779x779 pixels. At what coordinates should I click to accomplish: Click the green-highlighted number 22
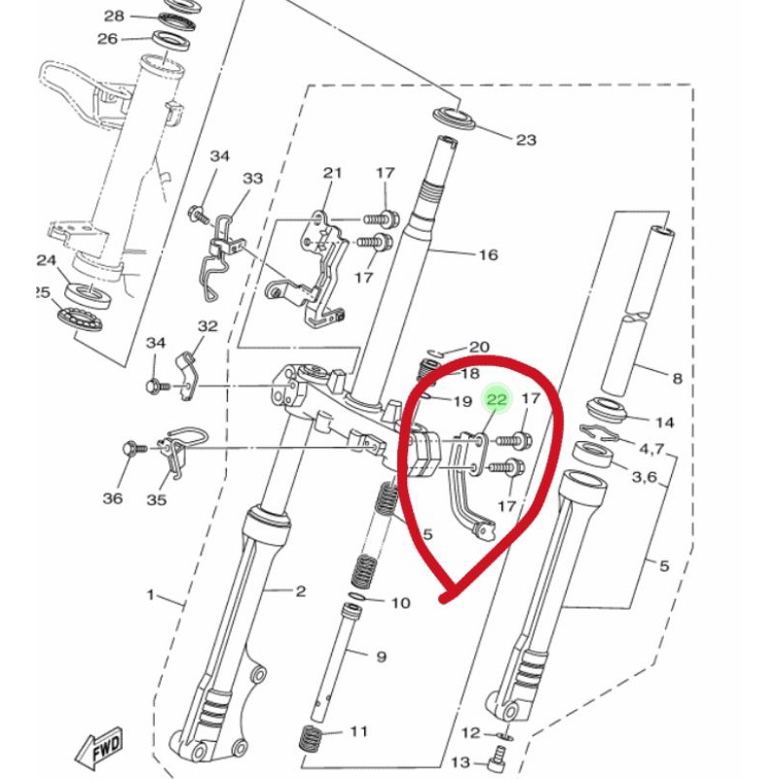(498, 399)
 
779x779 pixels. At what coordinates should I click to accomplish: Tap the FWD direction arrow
(99, 748)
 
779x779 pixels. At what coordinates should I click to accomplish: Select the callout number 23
(526, 140)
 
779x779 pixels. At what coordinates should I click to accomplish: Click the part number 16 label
(488, 255)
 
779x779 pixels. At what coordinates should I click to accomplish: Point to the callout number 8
(677, 379)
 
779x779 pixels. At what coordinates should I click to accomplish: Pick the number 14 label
(664, 423)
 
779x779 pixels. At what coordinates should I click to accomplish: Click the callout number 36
(113, 498)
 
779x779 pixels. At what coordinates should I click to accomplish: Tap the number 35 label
(157, 500)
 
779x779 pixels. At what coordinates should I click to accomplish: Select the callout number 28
(114, 16)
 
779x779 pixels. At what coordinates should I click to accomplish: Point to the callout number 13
(460, 761)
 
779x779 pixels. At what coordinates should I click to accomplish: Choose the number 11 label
(358, 731)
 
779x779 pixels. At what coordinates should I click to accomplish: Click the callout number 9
(381, 656)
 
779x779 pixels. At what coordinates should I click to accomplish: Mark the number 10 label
(401, 603)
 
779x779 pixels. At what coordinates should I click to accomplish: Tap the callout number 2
(301, 591)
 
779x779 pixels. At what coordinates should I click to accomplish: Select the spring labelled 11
(311, 737)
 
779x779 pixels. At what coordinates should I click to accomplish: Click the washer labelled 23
(455, 118)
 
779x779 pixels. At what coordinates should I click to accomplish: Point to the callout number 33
(252, 178)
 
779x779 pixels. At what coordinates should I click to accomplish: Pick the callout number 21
(332, 173)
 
